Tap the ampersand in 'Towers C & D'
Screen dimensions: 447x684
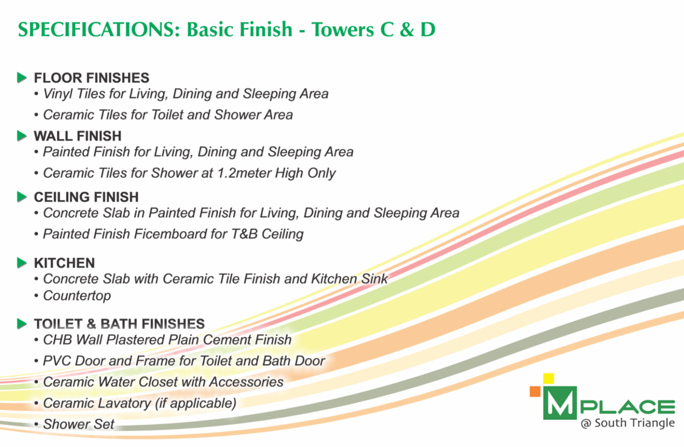coord(407,30)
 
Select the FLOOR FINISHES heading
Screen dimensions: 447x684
coord(91,78)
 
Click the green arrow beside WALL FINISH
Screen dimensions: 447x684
coord(22,136)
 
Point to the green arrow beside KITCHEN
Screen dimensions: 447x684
coord(22,263)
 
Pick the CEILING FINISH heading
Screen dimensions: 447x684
coord(86,197)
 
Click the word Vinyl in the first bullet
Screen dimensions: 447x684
coord(58,94)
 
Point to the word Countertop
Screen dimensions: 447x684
coord(77,295)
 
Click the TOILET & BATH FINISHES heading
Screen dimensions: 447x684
coord(119,324)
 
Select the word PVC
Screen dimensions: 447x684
coord(57,361)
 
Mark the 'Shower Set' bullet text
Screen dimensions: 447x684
coord(79,424)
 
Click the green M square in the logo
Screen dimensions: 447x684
coord(560,403)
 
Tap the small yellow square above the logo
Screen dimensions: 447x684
coord(548,378)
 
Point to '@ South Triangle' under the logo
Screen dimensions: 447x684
coord(628,423)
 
